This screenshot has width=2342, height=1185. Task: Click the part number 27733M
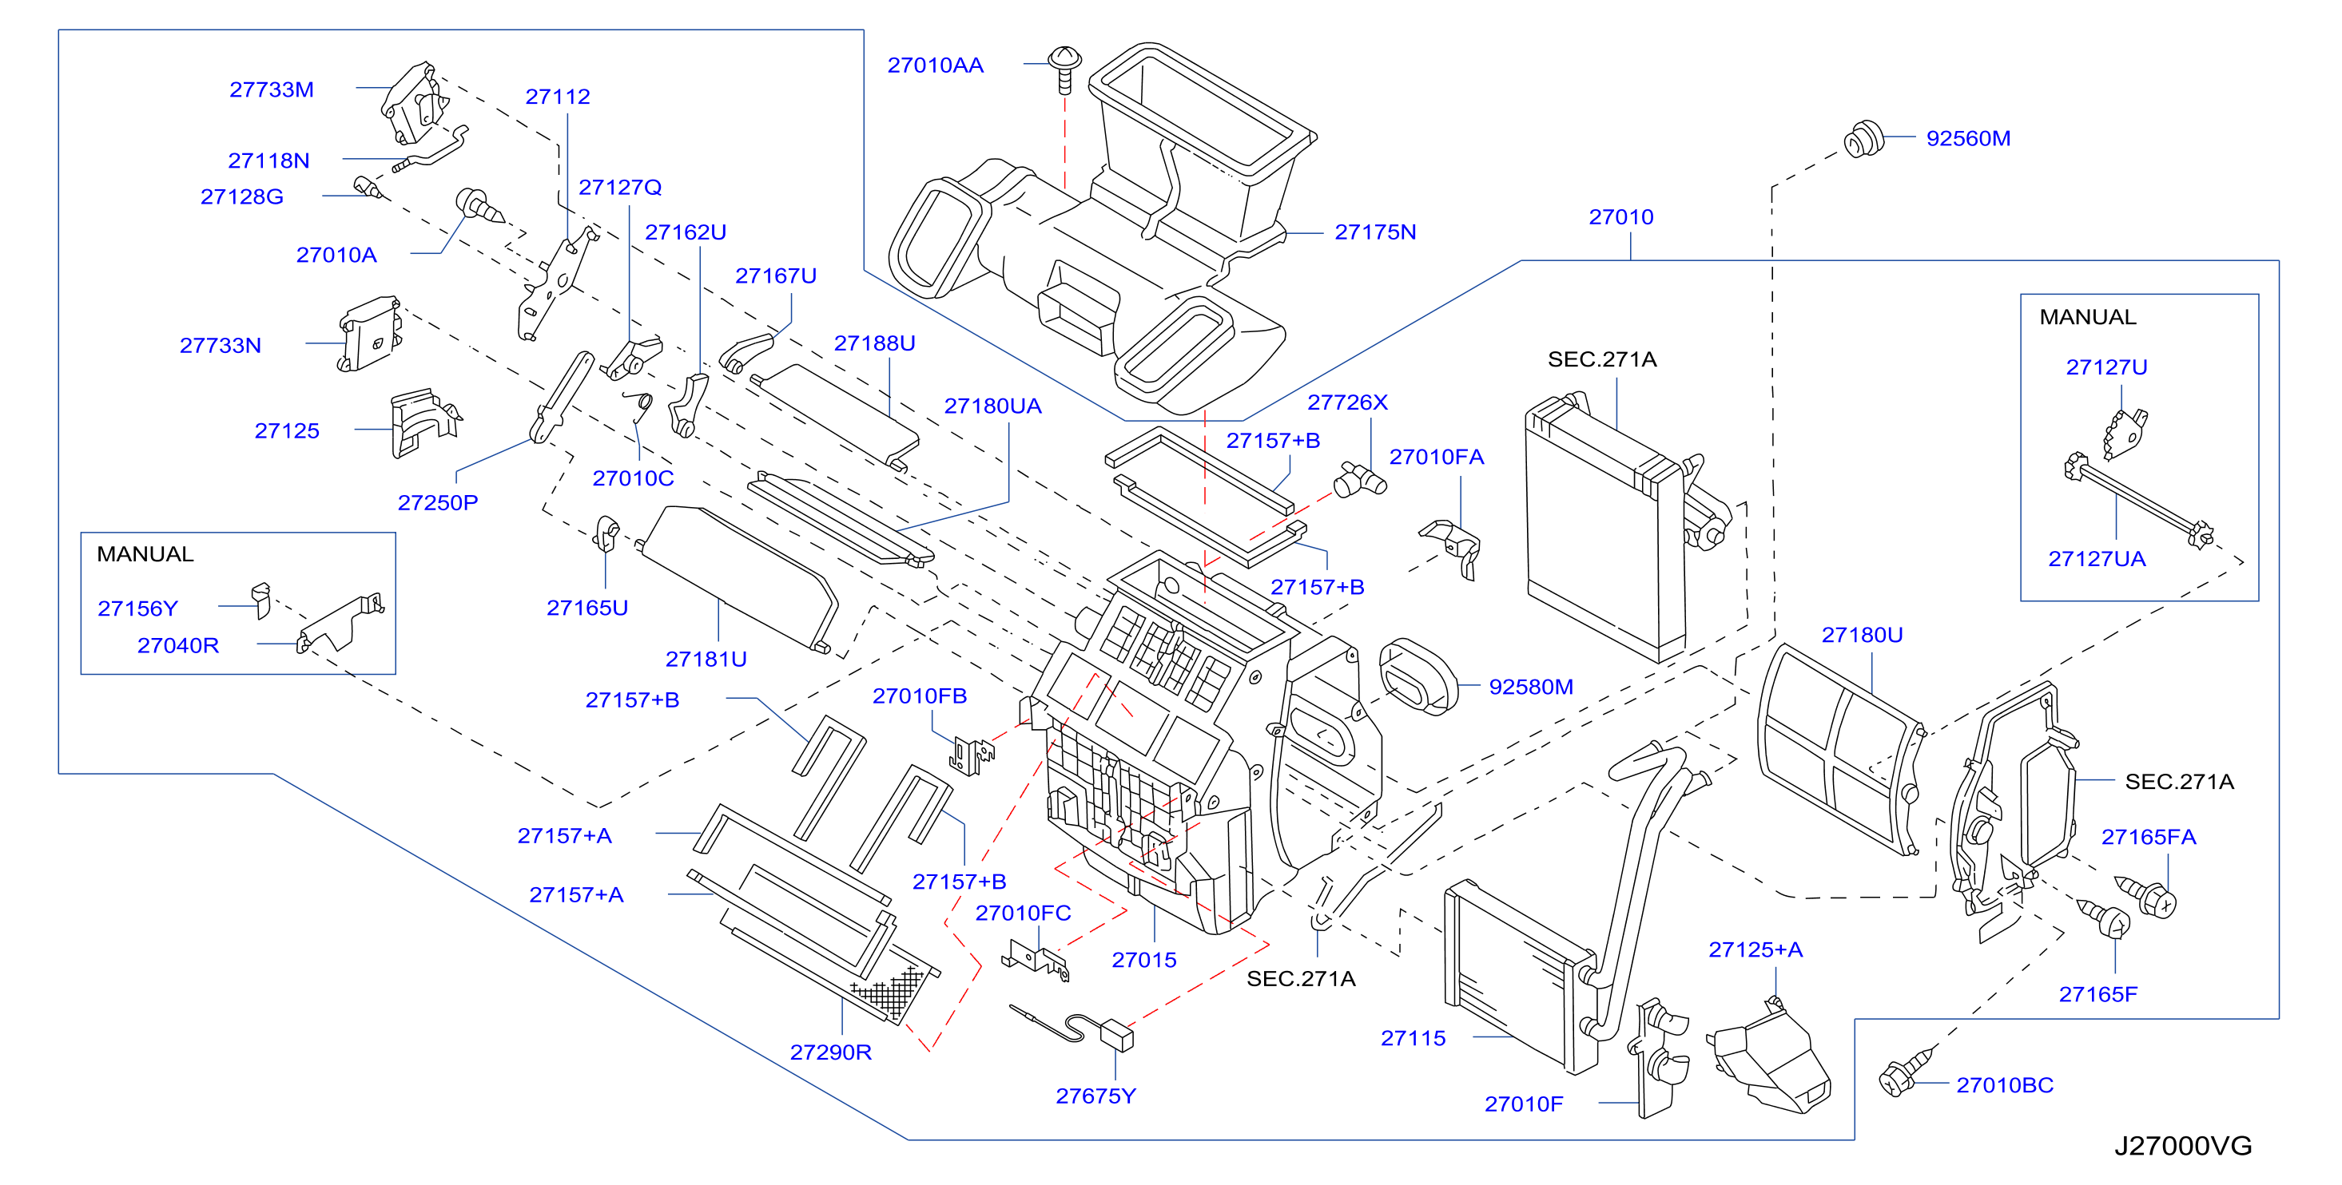271,89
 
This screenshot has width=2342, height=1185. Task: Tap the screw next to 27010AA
1064,68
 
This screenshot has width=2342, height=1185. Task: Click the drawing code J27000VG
2183,1145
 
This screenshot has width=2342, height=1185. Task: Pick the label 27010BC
2005,1085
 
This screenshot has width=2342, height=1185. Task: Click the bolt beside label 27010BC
1907,1072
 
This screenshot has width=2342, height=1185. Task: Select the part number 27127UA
2097,559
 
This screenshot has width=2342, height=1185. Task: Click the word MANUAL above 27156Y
145,554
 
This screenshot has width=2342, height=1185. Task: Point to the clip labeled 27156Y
262,600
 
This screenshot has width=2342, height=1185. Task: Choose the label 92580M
1531,687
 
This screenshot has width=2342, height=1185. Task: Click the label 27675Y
1095,1096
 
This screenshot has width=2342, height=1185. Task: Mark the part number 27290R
831,1052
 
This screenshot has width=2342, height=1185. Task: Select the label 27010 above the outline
1621,217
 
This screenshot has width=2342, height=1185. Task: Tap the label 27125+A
1756,949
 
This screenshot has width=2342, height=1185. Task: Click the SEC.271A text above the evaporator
1602,360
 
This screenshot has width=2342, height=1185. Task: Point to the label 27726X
1347,402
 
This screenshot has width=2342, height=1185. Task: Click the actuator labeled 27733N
369,334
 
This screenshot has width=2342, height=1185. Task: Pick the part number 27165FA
2149,837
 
